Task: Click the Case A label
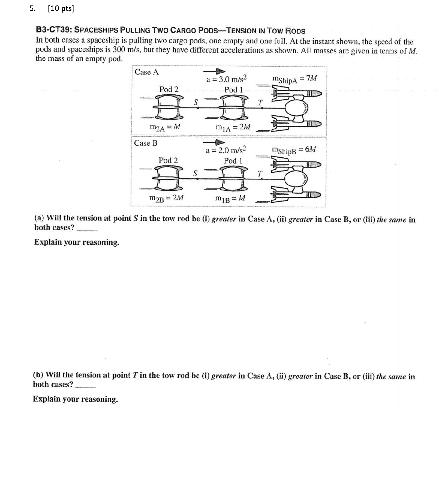tap(146, 72)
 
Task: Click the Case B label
tap(146, 143)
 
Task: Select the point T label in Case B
tap(260, 173)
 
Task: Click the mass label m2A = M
tap(165, 127)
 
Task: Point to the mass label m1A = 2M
tap(233, 127)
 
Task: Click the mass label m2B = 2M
tap(166, 198)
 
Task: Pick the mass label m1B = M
tap(230, 198)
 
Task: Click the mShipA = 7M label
tap(295, 79)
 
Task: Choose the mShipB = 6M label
tap(294, 150)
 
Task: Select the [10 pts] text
tap(61, 9)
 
